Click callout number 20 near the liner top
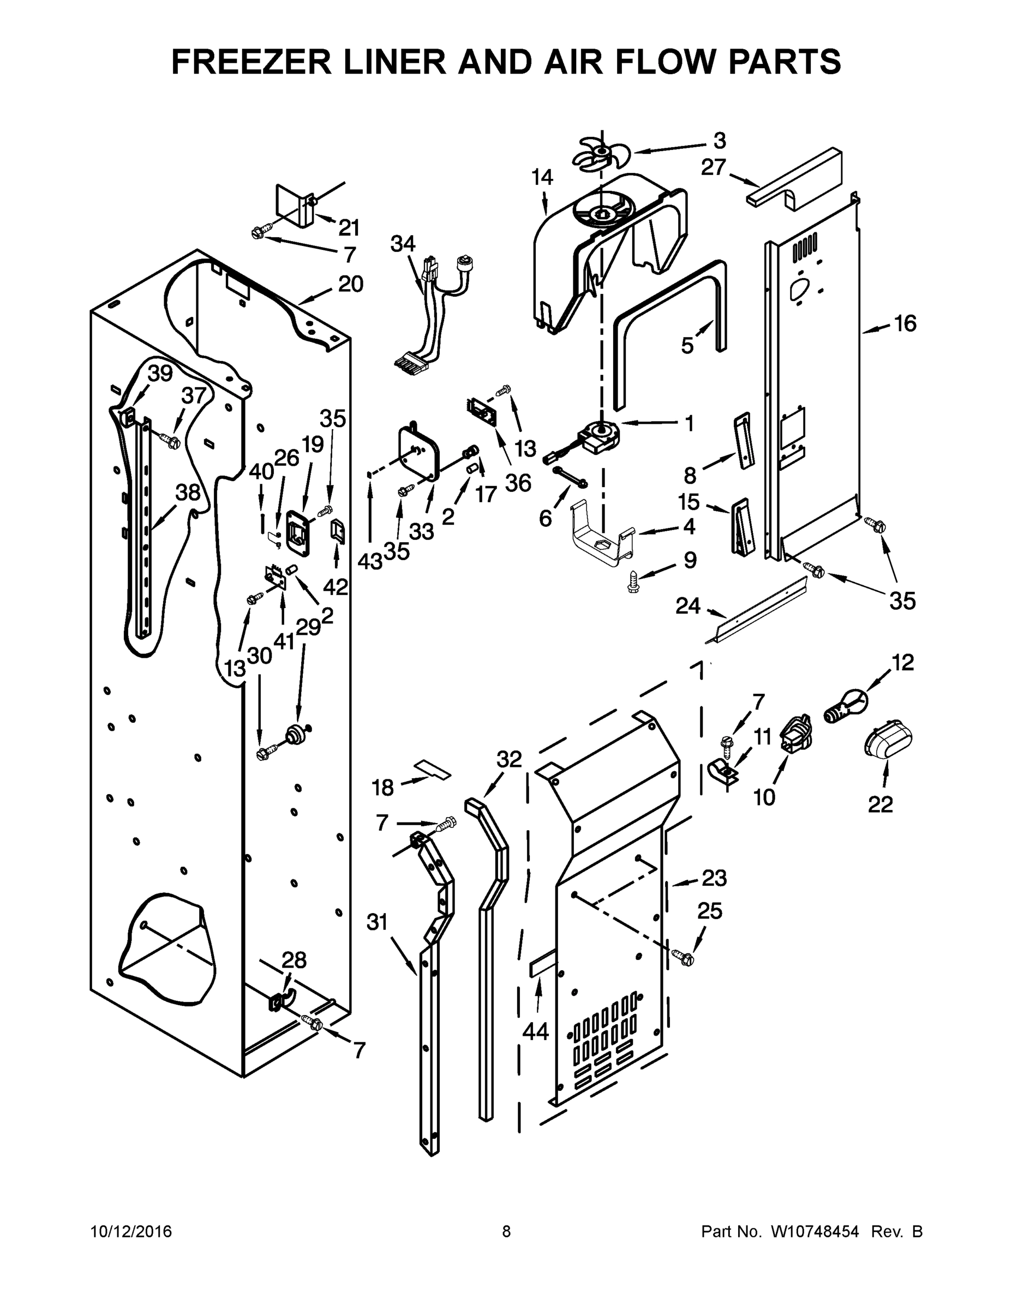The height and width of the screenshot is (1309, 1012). point(350,284)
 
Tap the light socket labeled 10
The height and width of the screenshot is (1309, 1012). point(795,734)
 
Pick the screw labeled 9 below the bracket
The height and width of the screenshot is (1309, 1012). point(633,581)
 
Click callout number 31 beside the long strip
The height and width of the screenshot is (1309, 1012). point(378,922)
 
